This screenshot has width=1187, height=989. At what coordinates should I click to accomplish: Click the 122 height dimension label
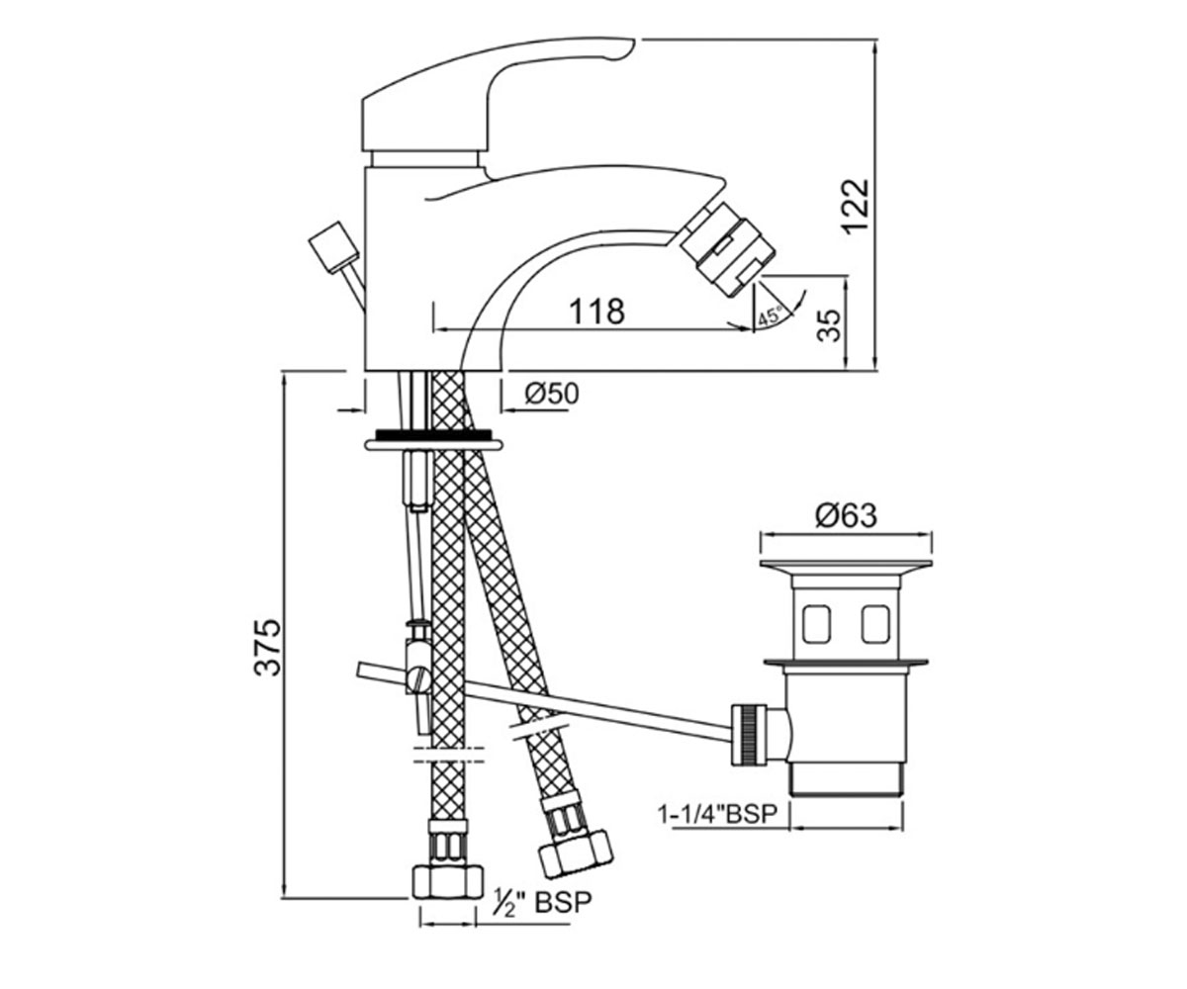click(855, 206)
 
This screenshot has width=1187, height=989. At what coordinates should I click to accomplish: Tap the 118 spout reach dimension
click(596, 312)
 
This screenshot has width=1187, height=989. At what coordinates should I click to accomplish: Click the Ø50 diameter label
click(551, 394)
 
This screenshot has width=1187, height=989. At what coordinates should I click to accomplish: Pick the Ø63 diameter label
click(846, 515)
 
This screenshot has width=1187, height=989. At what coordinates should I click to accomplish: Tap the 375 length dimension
click(267, 647)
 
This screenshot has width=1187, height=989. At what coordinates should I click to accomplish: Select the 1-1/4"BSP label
click(717, 814)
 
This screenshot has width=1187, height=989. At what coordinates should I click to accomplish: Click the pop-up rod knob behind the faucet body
click(334, 249)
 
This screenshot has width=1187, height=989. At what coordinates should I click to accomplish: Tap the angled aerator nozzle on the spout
click(728, 248)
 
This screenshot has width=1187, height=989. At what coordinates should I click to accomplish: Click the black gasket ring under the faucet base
click(434, 435)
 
